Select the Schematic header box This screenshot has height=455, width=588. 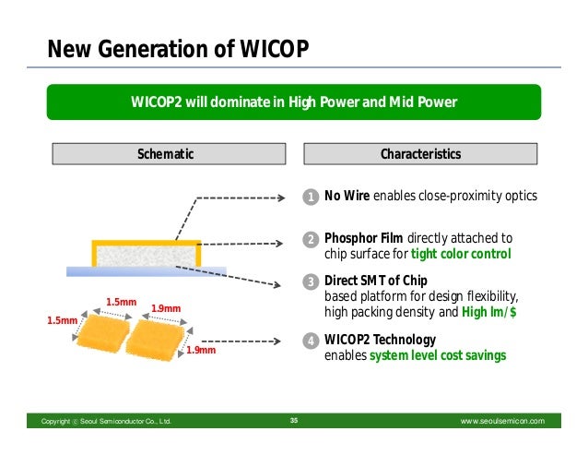click(166, 154)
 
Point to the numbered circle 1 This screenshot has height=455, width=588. click(312, 197)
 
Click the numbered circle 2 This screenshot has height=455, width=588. click(312, 240)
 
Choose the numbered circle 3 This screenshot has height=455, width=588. click(312, 281)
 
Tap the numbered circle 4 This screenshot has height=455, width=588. click(312, 341)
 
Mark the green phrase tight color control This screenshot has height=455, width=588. click(460, 254)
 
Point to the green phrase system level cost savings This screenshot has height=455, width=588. click(438, 355)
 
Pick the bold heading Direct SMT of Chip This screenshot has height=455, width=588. click(376, 281)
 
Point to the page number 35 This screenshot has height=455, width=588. click(294, 421)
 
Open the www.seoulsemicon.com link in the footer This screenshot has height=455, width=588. click(502, 421)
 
